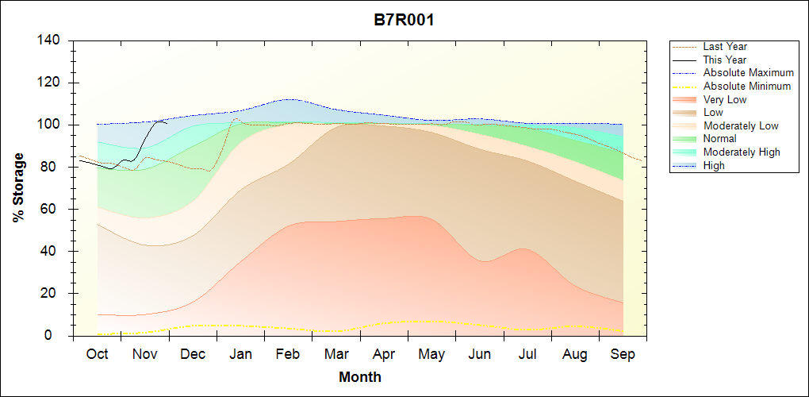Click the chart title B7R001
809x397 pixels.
(x=404, y=20)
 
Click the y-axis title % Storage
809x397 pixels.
(x=18, y=187)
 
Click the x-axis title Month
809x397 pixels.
(x=359, y=377)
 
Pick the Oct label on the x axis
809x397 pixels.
(x=98, y=354)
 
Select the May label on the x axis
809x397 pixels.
(x=431, y=354)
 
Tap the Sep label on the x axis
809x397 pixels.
(x=623, y=354)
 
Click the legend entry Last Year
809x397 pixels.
(x=724, y=47)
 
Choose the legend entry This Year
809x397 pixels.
(x=724, y=60)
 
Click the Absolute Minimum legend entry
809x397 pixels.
(x=746, y=86)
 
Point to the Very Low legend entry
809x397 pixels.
(x=724, y=99)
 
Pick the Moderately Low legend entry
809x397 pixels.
(x=741, y=125)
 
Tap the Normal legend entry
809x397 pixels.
(x=719, y=138)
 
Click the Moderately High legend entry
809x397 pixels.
(x=742, y=152)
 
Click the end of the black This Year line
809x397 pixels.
(x=167, y=123)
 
